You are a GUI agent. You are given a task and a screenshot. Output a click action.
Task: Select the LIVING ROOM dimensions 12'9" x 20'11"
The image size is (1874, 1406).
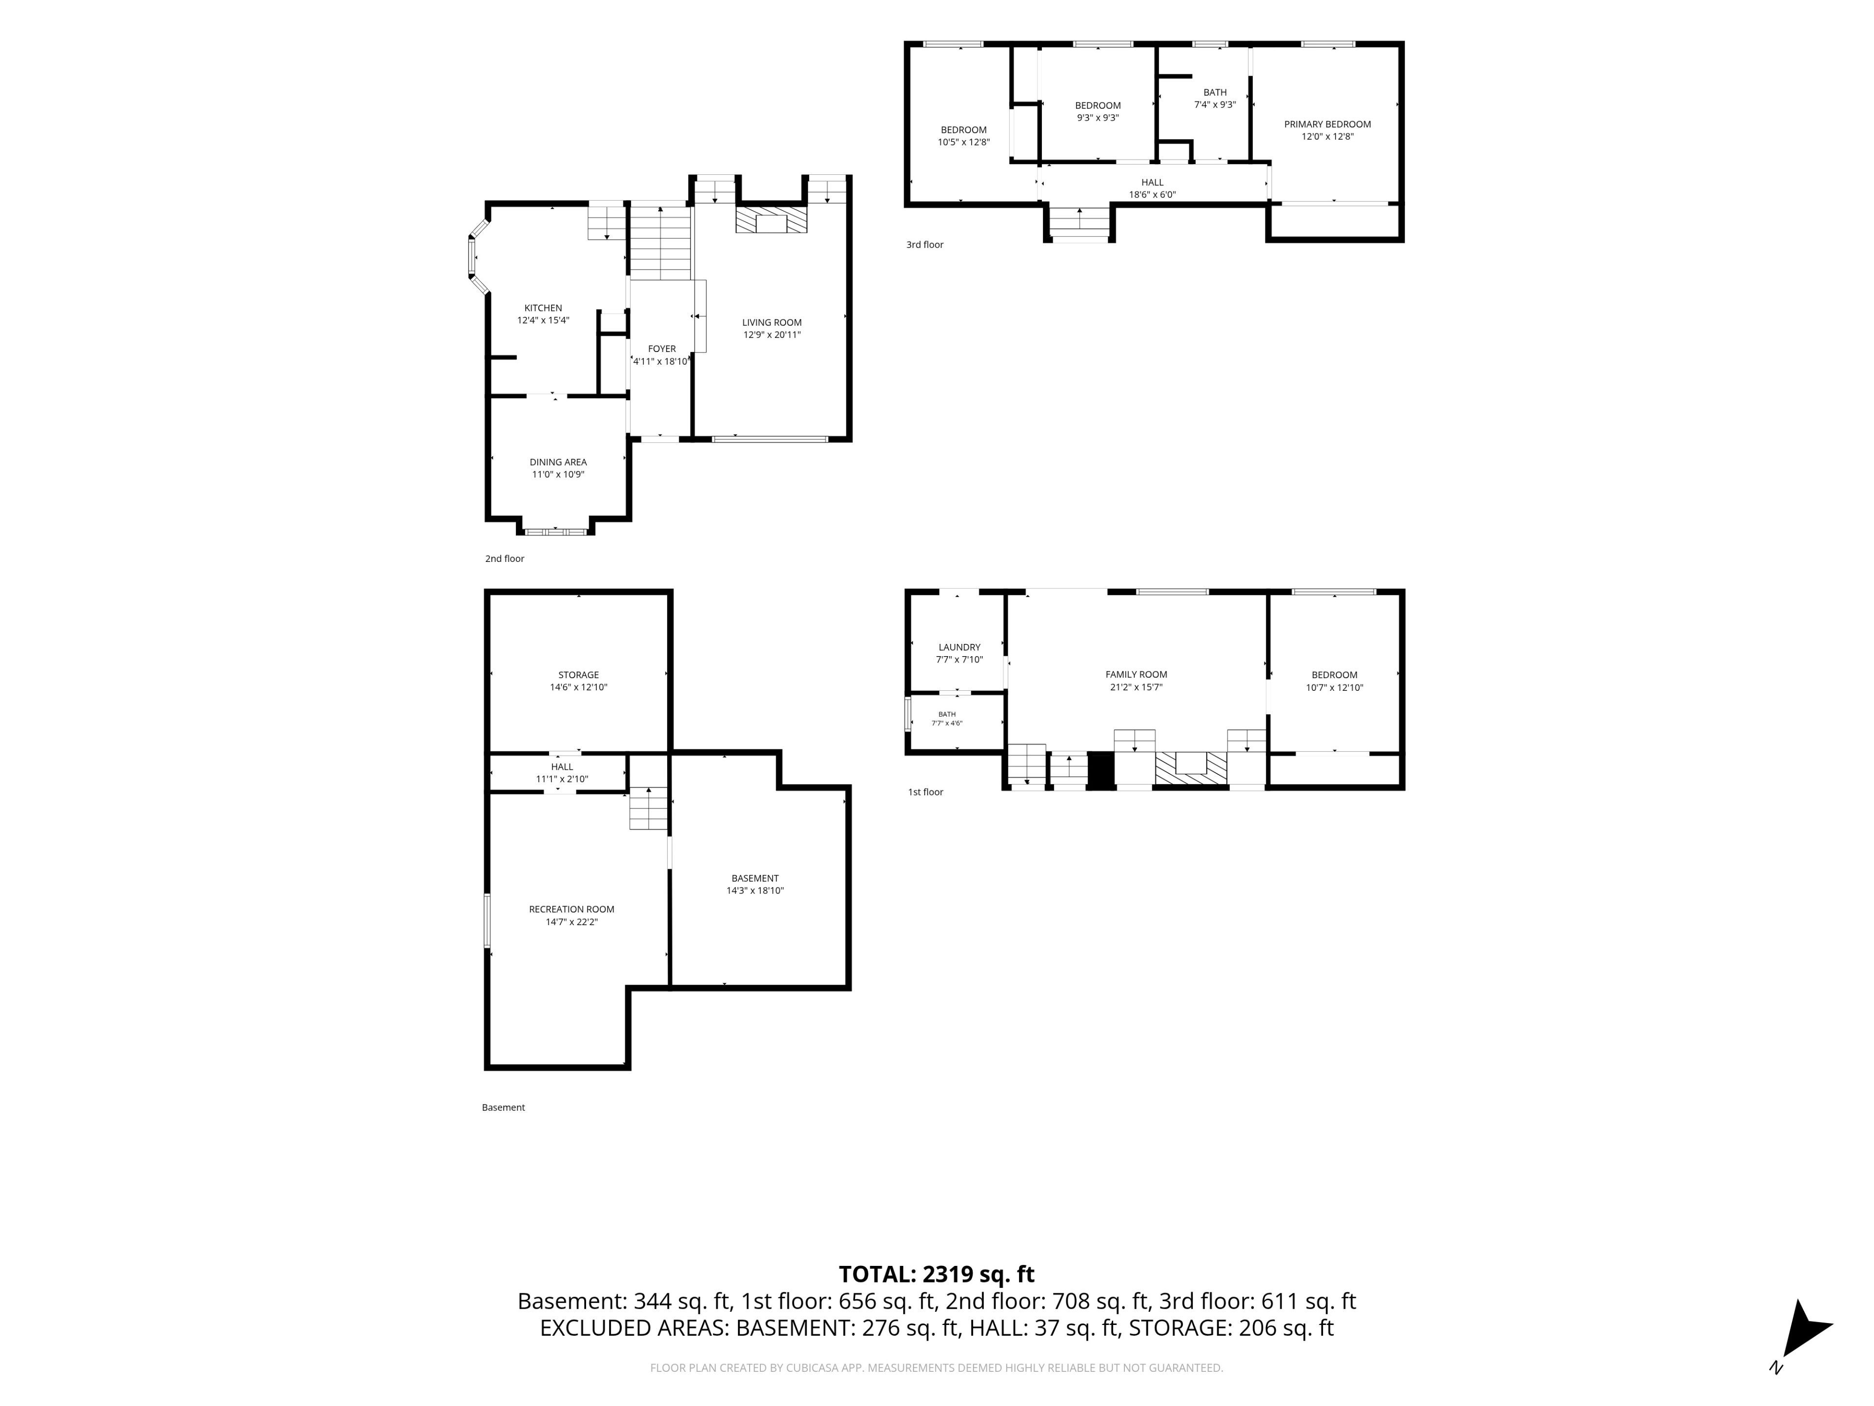tap(772, 335)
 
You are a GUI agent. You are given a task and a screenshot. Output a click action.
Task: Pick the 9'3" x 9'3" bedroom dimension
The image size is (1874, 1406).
tap(1098, 118)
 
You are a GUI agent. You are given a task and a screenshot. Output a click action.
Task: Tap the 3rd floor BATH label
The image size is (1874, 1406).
tap(1215, 92)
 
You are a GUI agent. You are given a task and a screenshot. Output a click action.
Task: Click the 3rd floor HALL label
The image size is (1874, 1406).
tap(1152, 182)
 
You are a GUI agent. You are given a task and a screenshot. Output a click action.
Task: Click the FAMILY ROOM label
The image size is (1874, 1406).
tap(1136, 675)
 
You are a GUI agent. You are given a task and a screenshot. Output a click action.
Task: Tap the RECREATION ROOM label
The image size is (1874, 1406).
tap(572, 910)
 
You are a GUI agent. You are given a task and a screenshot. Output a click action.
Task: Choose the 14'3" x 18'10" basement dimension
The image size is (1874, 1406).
tap(755, 891)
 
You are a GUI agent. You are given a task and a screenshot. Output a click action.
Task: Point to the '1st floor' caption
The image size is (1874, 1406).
tap(925, 792)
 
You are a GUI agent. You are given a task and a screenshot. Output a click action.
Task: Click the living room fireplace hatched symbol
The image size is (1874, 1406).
tap(771, 220)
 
